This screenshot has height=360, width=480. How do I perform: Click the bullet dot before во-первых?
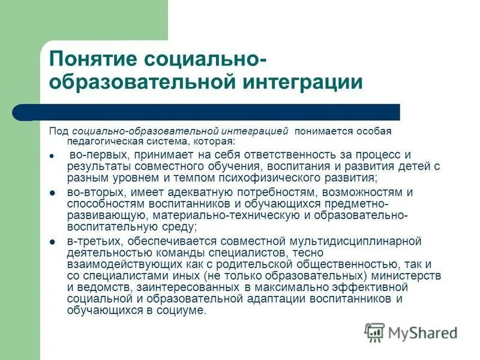tap(52, 155)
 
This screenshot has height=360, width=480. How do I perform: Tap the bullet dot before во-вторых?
tap(52, 193)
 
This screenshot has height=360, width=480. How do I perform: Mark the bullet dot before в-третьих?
tap(52, 241)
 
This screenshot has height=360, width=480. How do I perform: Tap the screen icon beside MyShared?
tap(374, 332)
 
